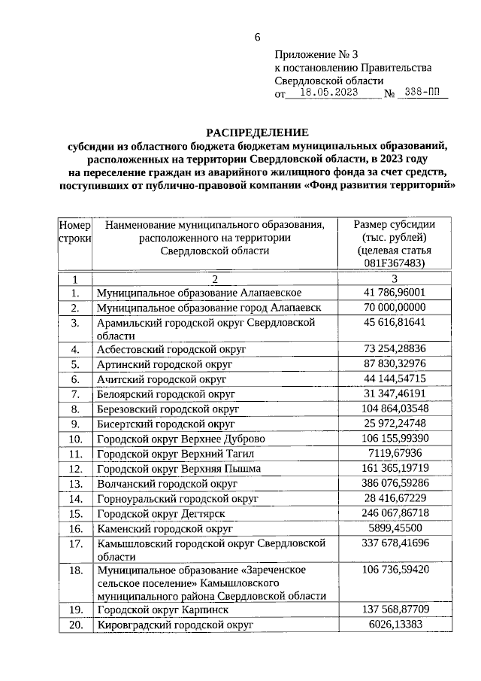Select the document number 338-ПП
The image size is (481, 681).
[422, 94]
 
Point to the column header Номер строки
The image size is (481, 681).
[74, 231]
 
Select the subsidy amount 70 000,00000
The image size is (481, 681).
[394, 307]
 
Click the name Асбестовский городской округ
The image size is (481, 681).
[162, 350]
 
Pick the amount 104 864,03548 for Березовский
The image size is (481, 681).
[394, 408]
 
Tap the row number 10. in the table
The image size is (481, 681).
[75, 438]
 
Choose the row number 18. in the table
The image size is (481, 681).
[75, 571]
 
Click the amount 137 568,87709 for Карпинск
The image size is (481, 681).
[394, 609]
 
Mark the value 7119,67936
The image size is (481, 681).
[394, 453]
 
